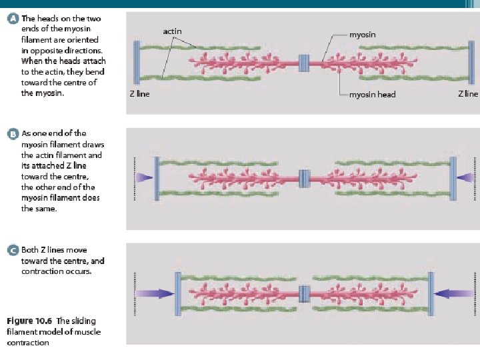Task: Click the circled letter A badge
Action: tap(12, 19)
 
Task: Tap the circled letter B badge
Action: tap(12, 134)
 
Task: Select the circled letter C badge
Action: tap(12, 251)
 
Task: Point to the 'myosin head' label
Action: tap(372, 95)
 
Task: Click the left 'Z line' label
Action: tap(139, 94)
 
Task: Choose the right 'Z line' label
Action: tap(467, 94)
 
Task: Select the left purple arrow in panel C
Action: tap(157, 292)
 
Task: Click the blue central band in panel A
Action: tap(305, 63)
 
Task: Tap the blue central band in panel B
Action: tap(305, 178)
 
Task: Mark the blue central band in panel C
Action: tap(305, 292)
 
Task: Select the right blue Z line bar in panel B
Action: tap(453, 177)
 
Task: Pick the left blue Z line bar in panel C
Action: tap(178, 292)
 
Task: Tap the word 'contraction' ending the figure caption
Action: tap(28, 343)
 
